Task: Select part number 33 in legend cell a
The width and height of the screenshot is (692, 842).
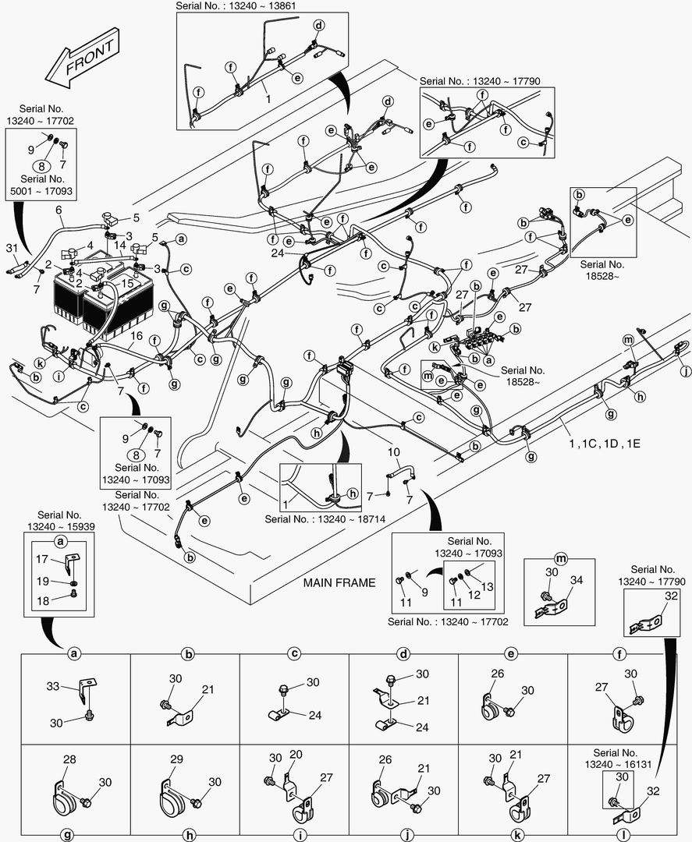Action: (x=53, y=687)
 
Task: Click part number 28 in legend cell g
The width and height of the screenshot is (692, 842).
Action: (x=69, y=759)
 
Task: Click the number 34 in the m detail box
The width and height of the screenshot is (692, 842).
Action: (x=577, y=579)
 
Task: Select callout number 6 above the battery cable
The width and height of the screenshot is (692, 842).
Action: (x=59, y=210)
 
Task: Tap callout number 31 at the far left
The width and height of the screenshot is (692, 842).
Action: (x=11, y=248)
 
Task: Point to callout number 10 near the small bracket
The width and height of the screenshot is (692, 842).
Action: (x=394, y=453)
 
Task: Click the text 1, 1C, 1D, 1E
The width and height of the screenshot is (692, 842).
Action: (x=605, y=443)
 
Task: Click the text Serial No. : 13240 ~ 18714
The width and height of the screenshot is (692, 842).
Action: (x=322, y=518)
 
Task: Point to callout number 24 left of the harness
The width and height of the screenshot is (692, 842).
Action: (x=277, y=253)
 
